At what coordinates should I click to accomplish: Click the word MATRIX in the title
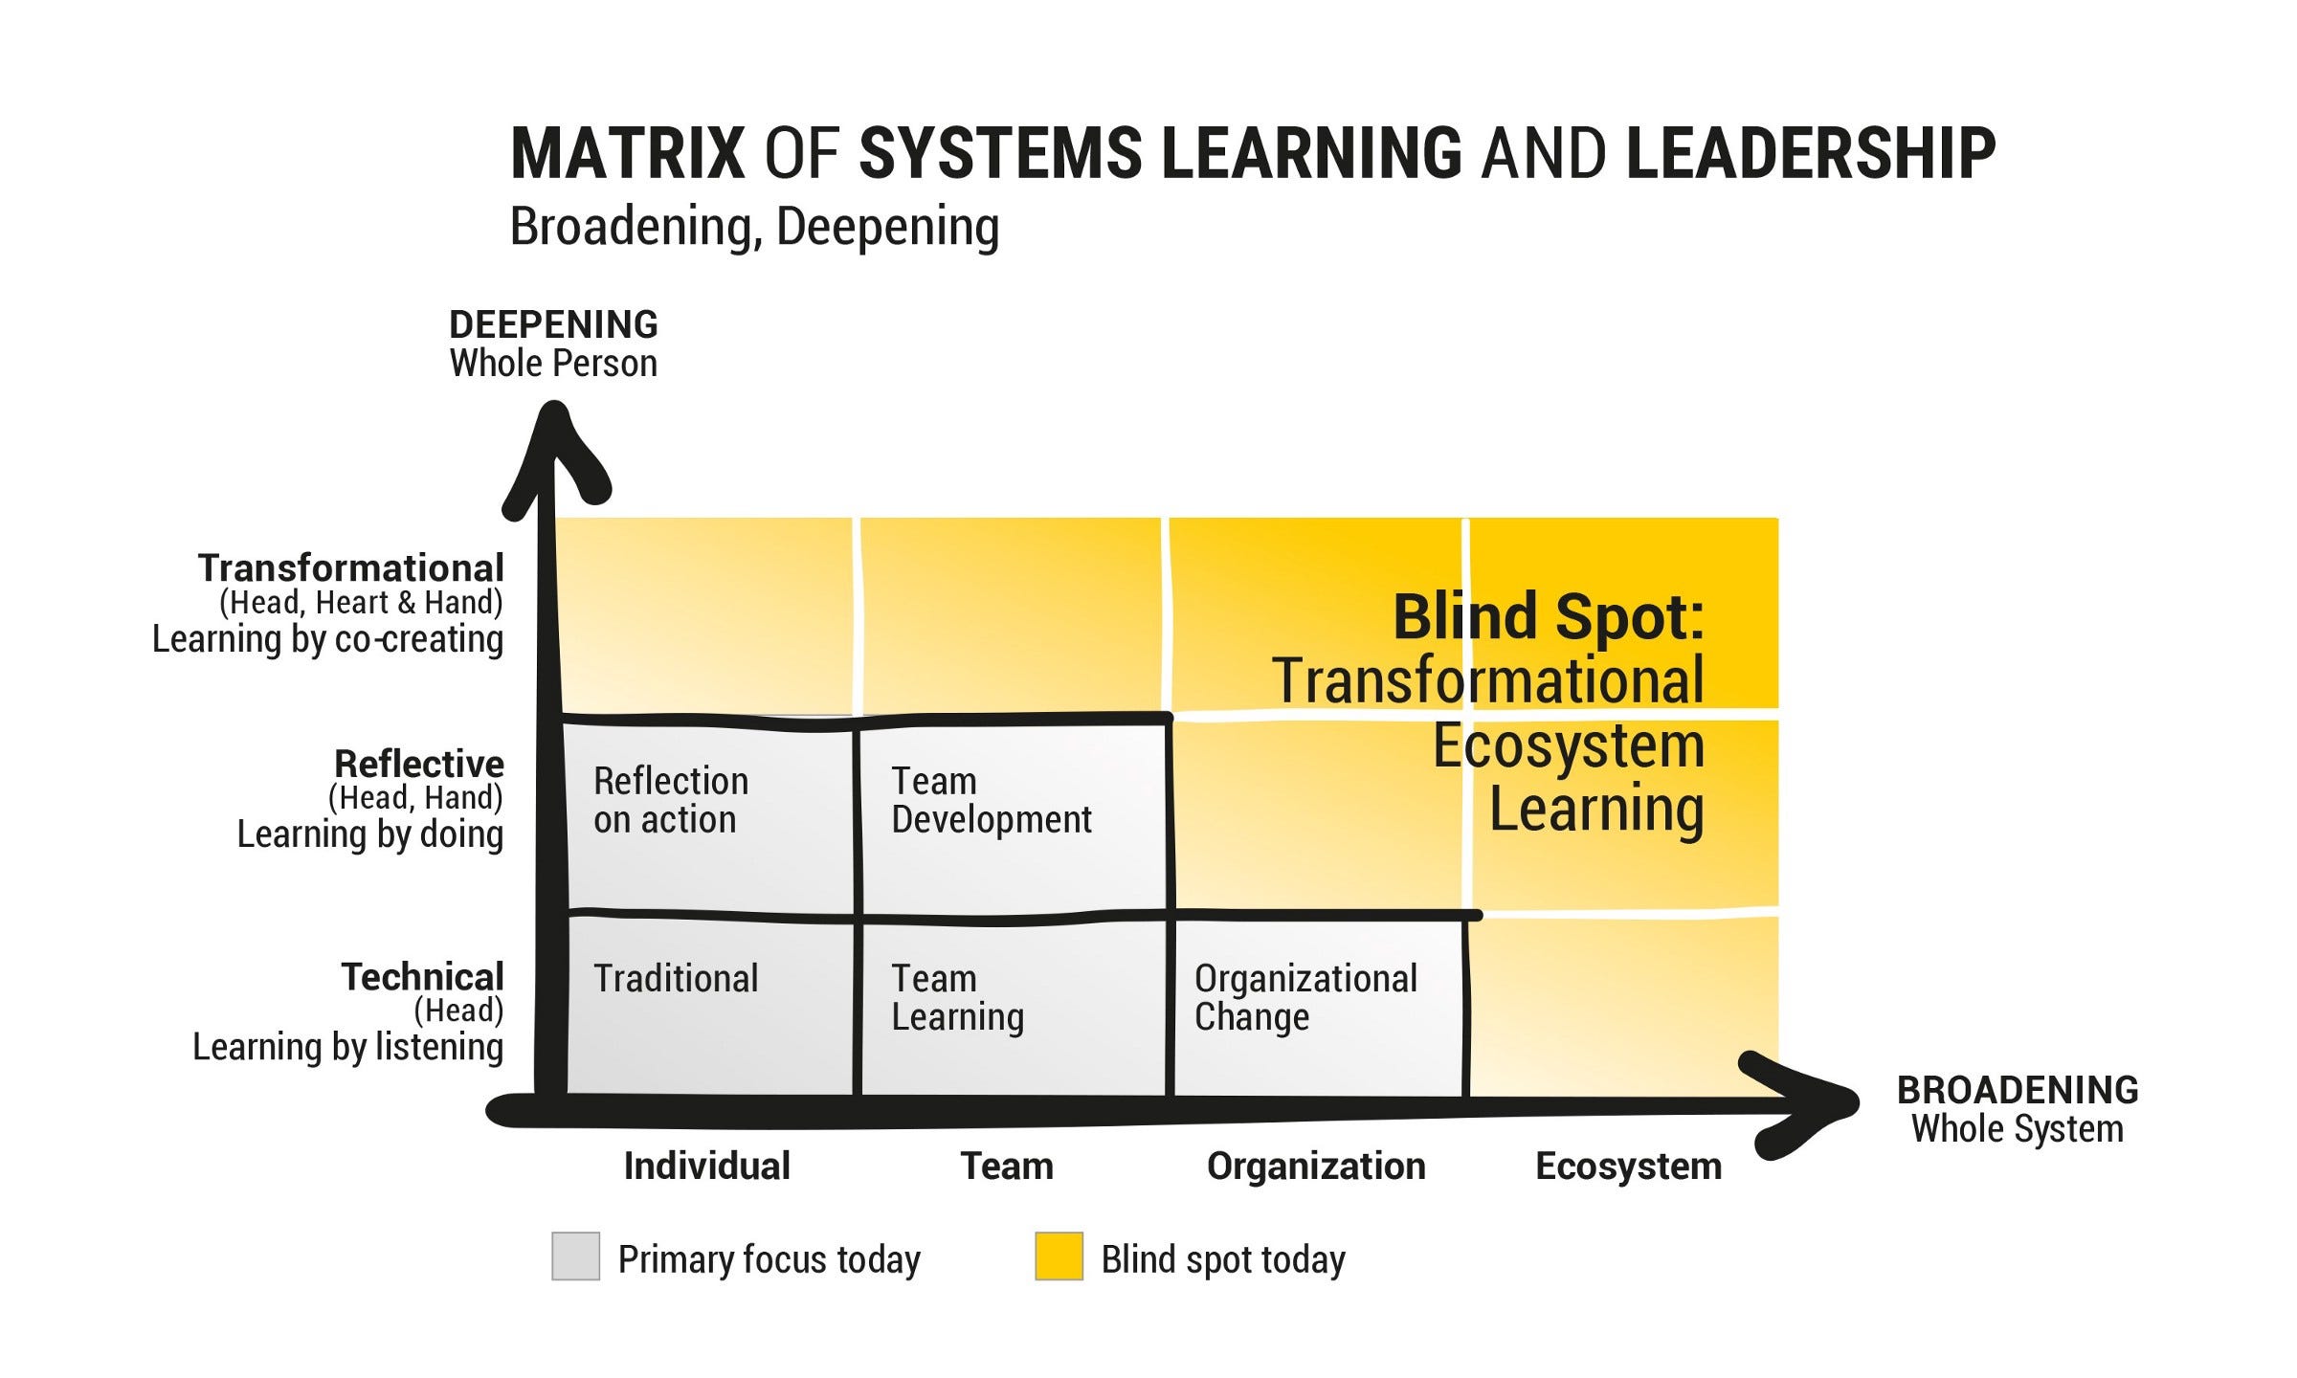pyautogui.click(x=627, y=153)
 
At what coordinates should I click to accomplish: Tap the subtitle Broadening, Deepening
pyautogui.click(x=754, y=227)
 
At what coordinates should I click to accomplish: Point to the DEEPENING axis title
pyautogui.click(x=553, y=325)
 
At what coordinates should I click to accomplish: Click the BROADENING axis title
pyautogui.click(x=2018, y=1090)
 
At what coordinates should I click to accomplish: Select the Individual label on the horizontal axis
pyautogui.click(x=706, y=1166)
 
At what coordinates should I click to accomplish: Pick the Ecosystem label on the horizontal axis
pyautogui.click(x=1628, y=1166)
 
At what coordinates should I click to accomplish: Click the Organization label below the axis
pyautogui.click(x=1316, y=1166)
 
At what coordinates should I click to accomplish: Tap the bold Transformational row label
pyautogui.click(x=350, y=567)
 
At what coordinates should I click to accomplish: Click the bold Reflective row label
pyautogui.click(x=418, y=764)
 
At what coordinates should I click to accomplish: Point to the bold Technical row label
pyautogui.click(x=422, y=977)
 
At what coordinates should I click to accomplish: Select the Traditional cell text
pyautogui.click(x=676, y=978)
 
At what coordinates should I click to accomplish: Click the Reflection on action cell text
pyautogui.click(x=670, y=800)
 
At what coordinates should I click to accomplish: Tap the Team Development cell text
pyautogui.click(x=991, y=800)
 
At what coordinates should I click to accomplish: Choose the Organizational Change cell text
pyautogui.click(x=1305, y=997)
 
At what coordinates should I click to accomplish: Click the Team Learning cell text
pyautogui.click(x=957, y=997)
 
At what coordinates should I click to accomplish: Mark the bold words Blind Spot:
pyautogui.click(x=1548, y=616)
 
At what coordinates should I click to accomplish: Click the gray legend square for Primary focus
pyautogui.click(x=575, y=1256)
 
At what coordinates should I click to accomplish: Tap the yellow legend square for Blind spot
pyautogui.click(x=1059, y=1256)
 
